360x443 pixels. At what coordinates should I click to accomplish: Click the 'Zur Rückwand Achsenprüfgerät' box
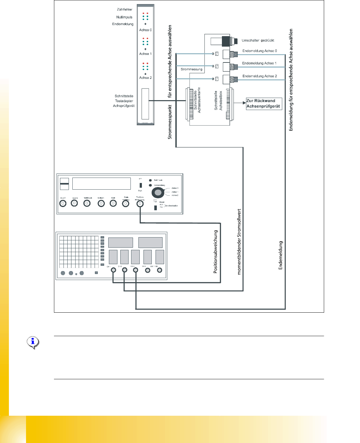tap(264, 104)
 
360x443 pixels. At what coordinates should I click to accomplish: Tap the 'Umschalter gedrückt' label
tap(258, 41)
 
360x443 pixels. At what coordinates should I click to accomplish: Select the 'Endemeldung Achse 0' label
tap(259, 51)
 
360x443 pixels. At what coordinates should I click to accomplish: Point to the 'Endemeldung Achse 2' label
tap(259, 76)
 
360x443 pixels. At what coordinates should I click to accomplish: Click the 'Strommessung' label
tap(191, 69)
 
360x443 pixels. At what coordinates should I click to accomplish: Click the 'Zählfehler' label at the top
tap(124, 10)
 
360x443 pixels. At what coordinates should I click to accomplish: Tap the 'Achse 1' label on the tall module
tap(145, 54)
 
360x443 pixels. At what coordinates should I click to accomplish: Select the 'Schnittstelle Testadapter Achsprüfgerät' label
tap(124, 101)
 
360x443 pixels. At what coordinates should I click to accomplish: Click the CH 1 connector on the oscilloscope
tap(113, 270)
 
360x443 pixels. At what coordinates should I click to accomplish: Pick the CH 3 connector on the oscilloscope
tap(136, 270)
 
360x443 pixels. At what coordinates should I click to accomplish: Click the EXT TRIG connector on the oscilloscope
tap(159, 270)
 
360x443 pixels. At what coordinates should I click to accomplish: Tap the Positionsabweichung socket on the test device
tap(140, 204)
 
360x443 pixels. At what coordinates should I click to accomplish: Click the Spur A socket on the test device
tap(63, 203)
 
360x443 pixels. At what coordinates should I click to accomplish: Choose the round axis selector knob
tap(158, 192)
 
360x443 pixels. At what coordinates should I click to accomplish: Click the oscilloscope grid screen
tap(79, 252)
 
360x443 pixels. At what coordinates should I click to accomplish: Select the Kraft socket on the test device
tap(113, 203)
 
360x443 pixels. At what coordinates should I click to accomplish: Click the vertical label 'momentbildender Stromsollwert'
tap(239, 242)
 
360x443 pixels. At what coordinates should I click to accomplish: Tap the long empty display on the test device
tap(102, 184)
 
